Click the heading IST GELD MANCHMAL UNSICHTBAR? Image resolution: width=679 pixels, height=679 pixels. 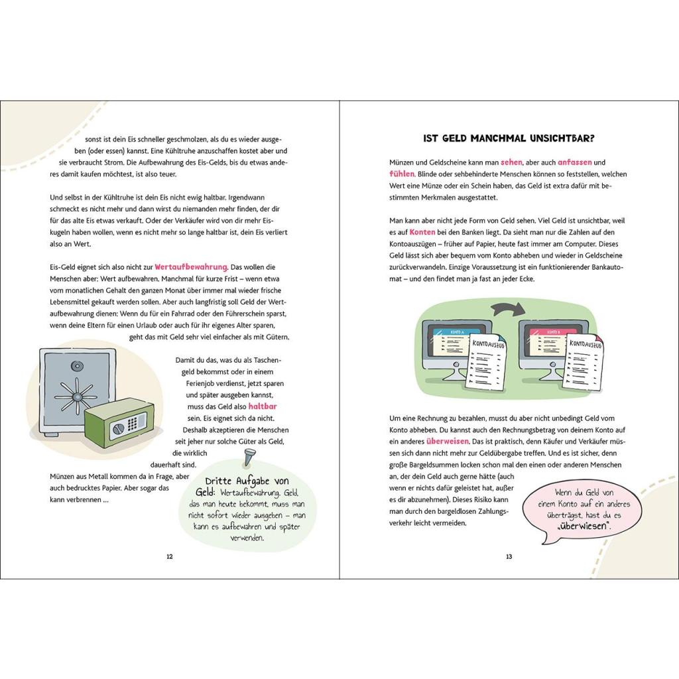coord(509,139)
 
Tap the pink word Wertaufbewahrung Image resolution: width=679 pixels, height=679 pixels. coord(191,267)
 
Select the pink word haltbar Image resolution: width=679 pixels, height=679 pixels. coord(263,406)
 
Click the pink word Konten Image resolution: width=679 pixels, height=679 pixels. coord(422,232)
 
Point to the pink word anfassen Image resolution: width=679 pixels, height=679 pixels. coord(575,162)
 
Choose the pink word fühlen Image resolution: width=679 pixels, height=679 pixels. coord(402,174)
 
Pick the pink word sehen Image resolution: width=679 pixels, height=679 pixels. coord(511,162)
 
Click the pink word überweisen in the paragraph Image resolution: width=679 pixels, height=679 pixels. coord(448,442)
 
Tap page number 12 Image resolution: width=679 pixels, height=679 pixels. coord(170,557)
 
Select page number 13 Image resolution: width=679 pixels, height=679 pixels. coord(509,557)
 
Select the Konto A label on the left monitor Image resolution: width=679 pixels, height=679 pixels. coord(457,332)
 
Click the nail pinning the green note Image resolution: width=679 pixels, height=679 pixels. coord(250,458)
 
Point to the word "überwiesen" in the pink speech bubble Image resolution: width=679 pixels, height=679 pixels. coord(584,526)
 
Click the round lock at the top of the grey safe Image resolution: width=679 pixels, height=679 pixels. coord(78,366)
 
